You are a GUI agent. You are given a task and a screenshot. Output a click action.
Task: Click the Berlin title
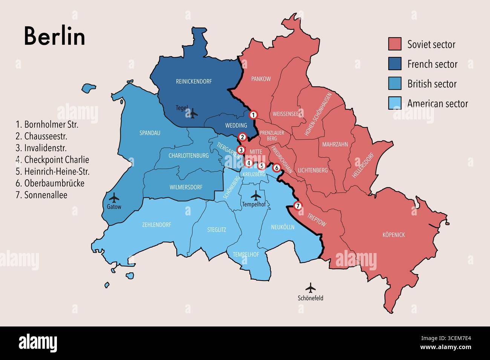click(55, 36)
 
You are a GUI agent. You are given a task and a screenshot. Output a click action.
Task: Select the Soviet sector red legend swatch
click(395, 44)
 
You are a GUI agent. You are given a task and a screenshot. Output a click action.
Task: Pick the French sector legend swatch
click(395, 64)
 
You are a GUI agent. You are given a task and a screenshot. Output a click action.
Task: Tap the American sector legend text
click(437, 103)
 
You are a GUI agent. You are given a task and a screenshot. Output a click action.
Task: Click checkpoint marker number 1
click(254, 115)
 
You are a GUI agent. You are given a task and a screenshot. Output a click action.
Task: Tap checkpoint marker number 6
click(277, 168)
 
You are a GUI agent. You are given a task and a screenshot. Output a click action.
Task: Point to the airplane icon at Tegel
click(193, 113)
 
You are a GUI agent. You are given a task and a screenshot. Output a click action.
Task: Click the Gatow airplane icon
click(113, 197)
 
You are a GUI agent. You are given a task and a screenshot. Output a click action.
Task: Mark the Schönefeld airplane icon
click(311, 288)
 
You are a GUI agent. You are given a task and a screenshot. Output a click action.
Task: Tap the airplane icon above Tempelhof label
click(256, 195)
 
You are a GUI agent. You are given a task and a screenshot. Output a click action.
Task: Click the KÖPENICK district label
click(394, 235)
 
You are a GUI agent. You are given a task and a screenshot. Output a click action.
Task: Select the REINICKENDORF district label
click(194, 81)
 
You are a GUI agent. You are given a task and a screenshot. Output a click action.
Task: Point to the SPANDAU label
click(150, 133)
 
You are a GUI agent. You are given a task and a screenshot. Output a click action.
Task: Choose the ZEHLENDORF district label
click(156, 225)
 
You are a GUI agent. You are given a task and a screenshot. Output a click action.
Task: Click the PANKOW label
click(261, 79)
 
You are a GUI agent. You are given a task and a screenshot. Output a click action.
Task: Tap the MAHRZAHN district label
click(335, 144)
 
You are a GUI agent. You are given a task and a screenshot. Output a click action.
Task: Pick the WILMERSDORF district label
click(186, 187)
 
